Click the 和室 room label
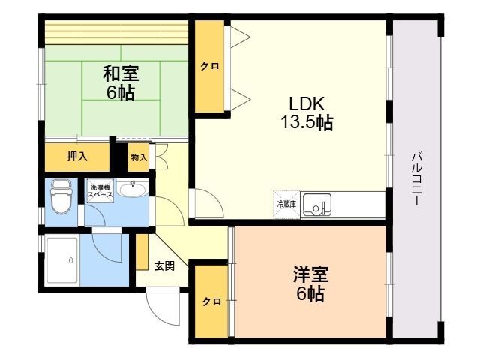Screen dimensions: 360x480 point(120,75)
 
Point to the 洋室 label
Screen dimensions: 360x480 point(310,274)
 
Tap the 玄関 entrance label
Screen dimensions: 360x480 point(165,265)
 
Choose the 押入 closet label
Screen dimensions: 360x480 point(77,157)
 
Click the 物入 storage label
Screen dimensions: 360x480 point(138,157)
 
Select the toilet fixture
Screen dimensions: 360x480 point(59,200)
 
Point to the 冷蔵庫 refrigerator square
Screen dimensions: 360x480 point(286,203)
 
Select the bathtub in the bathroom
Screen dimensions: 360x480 point(62,259)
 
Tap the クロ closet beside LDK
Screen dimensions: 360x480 point(209,67)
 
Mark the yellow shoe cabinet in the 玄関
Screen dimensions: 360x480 point(141,253)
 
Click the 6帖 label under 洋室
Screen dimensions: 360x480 point(310,294)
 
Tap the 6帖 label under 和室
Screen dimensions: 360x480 point(120,94)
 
